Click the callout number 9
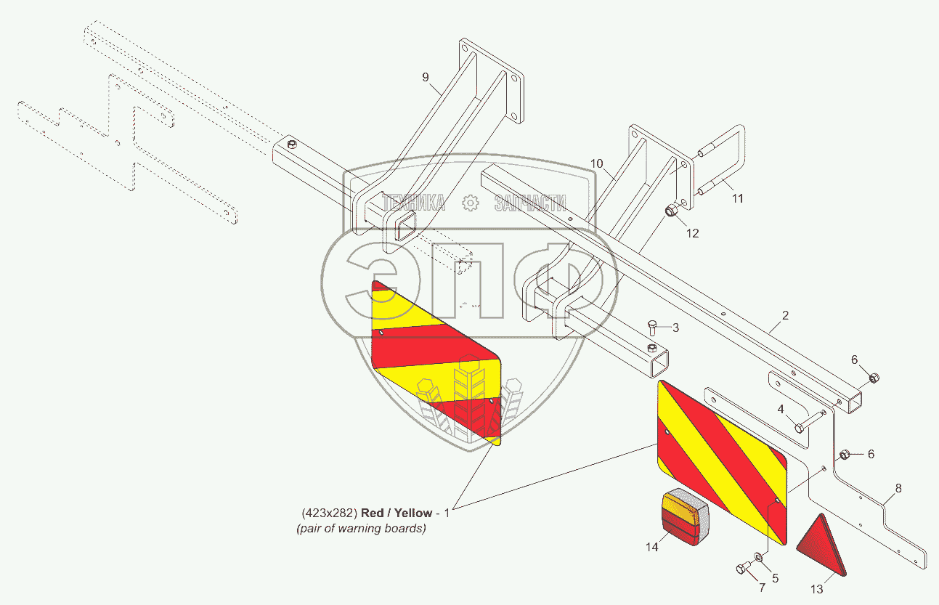point(426,76)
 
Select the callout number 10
point(596,164)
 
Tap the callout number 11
point(737,198)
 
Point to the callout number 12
point(693,233)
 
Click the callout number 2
point(785,316)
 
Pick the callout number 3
point(675,328)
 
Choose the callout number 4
point(781,410)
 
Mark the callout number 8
point(898,489)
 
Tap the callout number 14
point(652,547)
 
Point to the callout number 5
point(775,578)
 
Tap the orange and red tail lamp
point(683,517)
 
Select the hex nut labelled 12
point(672,211)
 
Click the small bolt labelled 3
point(652,327)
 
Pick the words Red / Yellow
point(397,513)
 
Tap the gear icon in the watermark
point(471,203)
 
